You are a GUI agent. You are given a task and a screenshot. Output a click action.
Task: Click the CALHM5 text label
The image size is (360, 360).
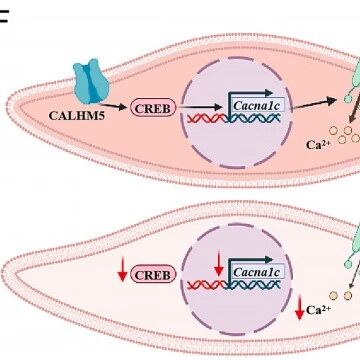point(76,115)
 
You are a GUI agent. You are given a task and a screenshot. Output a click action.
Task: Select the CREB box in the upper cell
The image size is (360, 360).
point(153,108)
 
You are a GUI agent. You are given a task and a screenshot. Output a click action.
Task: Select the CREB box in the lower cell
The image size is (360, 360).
point(153,274)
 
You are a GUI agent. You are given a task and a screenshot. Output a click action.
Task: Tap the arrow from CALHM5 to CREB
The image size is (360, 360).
point(113,106)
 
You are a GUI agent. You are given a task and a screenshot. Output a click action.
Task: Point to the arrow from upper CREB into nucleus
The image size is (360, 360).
point(200,107)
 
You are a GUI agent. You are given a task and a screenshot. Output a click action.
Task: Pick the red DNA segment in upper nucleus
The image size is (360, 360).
point(207,118)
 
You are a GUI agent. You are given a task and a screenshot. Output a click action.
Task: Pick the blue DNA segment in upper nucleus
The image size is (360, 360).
point(253,118)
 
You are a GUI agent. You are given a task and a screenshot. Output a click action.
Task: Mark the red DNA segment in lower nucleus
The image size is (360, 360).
point(207,285)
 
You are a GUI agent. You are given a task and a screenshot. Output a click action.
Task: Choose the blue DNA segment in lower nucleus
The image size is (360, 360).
point(253,285)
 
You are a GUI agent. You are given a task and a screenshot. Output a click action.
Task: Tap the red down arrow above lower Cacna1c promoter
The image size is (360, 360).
point(219,264)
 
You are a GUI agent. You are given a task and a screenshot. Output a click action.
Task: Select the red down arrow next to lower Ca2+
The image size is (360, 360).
point(299,307)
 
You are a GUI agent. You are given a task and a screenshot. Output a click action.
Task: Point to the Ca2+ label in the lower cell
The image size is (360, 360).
point(318,310)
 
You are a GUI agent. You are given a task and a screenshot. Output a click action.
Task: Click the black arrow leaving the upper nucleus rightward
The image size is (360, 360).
point(315,103)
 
